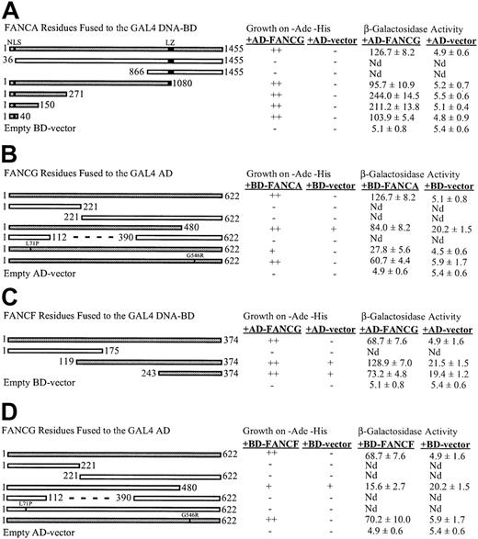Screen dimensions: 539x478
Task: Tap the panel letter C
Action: (x=9, y=298)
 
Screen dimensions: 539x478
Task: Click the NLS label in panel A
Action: (x=13, y=41)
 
